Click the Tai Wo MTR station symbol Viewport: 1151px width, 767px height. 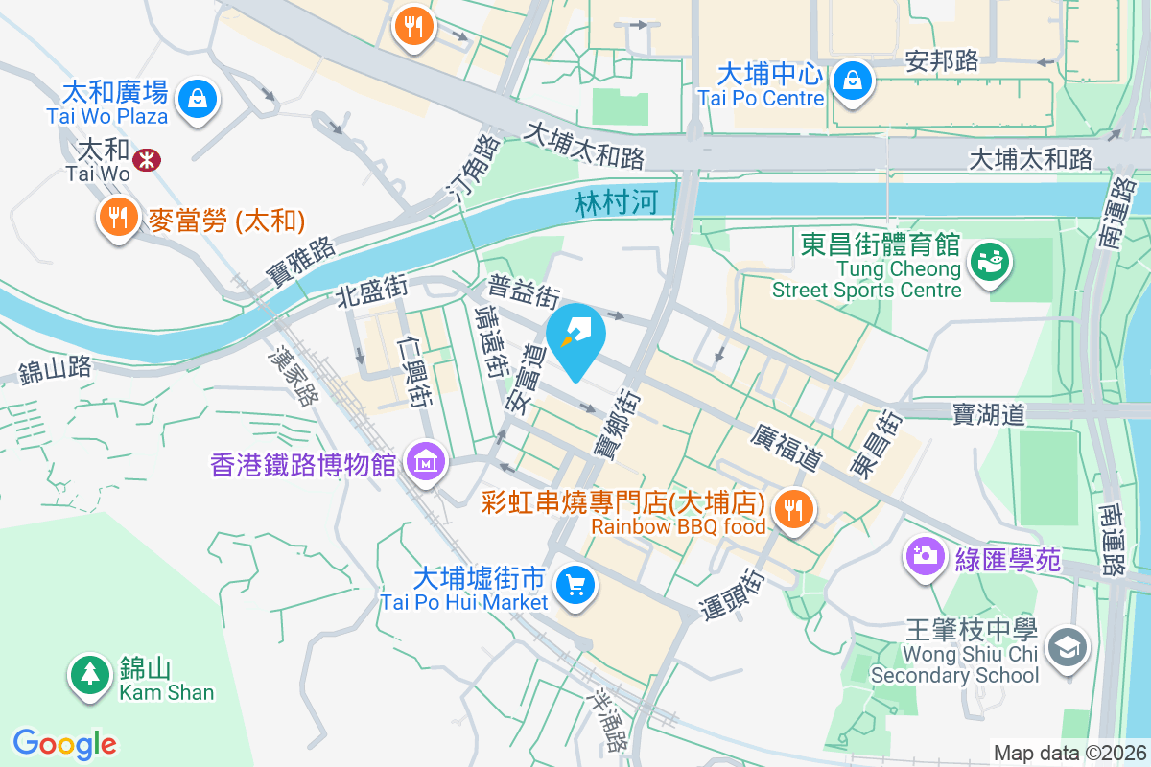pos(147,160)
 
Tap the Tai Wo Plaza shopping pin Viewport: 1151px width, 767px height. pos(197,99)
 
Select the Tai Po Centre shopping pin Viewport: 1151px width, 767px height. pos(852,80)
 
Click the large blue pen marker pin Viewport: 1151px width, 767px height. pos(576,336)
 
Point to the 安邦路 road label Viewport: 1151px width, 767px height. pos(942,61)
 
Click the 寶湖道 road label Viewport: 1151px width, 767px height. pos(989,413)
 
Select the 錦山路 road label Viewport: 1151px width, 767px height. pos(55,367)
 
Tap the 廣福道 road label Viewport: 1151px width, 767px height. pos(787,448)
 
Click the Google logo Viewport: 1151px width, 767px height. pos(64,743)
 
